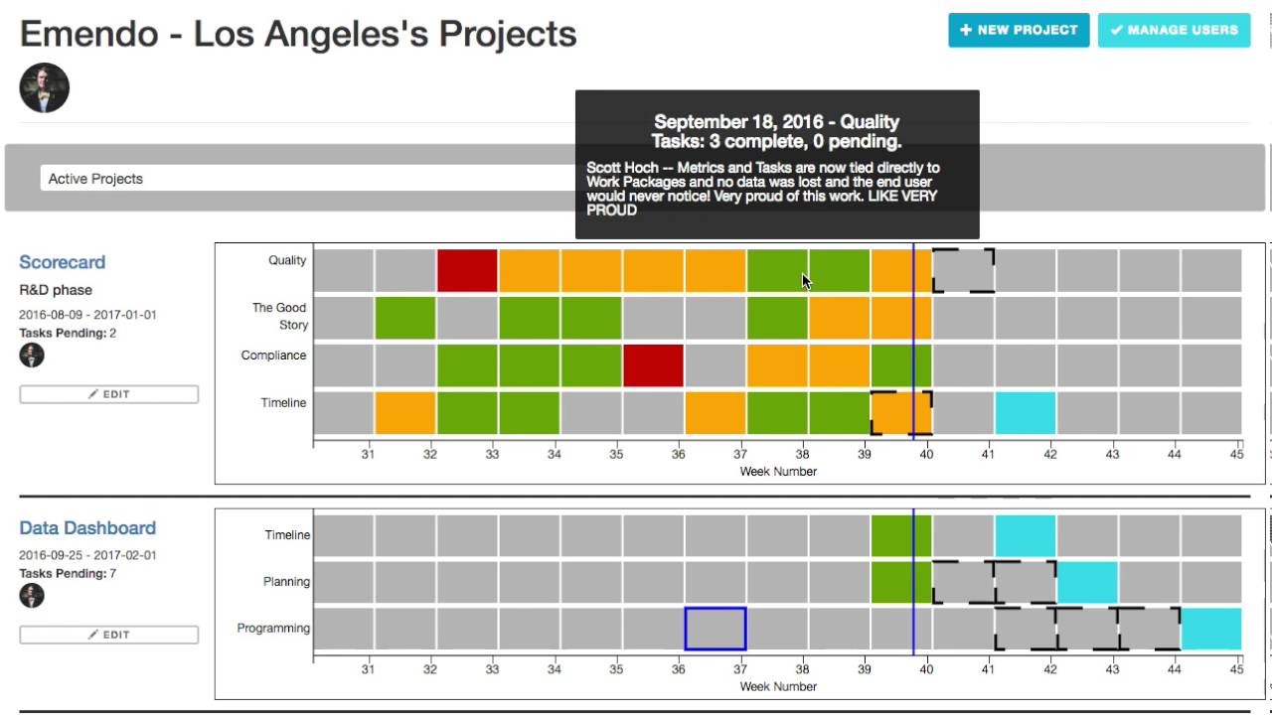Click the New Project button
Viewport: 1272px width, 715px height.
[x=1019, y=30]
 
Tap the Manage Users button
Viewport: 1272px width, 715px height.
[x=1174, y=30]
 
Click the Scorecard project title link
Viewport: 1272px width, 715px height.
[x=62, y=262]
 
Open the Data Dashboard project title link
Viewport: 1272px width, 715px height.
[x=87, y=528]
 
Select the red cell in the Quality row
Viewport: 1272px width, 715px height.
[x=467, y=270]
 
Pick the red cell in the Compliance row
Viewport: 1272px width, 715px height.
[x=653, y=365]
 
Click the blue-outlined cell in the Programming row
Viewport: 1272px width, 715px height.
[x=715, y=630]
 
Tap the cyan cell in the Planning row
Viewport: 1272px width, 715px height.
[x=1087, y=583]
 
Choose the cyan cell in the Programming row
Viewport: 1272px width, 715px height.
[x=1210, y=630]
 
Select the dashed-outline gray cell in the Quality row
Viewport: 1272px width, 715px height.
[x=963, y=270]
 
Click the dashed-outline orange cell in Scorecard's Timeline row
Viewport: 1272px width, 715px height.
[x=901, y=413]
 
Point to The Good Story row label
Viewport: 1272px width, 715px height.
[x=279, y=316]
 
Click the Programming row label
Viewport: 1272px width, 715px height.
[x=273, y=629]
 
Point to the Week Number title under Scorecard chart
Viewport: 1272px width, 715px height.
[x=778, y=472]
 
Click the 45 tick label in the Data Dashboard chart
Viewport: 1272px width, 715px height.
[x=1236, y=668]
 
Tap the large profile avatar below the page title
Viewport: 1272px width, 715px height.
[x=44, y=87]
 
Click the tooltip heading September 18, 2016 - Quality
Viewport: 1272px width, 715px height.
[x=776, y=122]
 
